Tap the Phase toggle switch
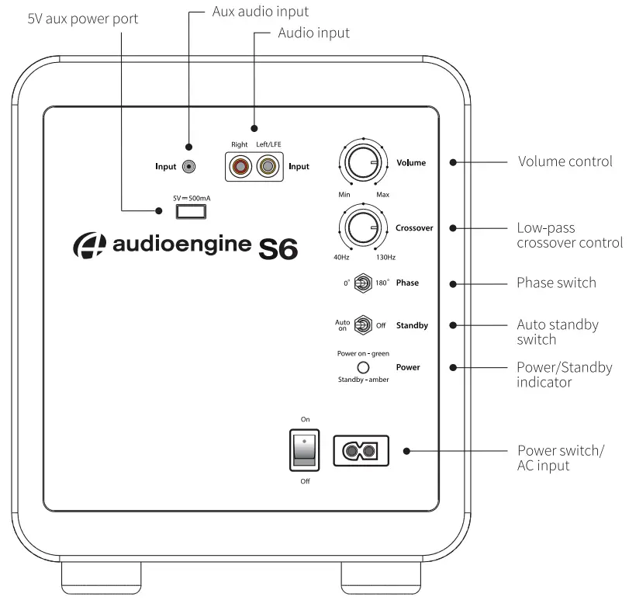coord(361,283)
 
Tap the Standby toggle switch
coord(361,325)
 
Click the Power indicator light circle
coord(361,367)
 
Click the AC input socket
coord(361,450)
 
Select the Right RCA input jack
coord(241,166)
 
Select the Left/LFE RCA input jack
coord(268,166)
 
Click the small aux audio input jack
coord(187,166)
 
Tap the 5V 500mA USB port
coord(191,210)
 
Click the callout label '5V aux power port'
coord(83,18)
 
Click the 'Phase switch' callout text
coord(556,283)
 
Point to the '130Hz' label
coord(385,257)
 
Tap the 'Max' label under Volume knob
coord(382,193)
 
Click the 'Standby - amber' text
coord(363,380)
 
